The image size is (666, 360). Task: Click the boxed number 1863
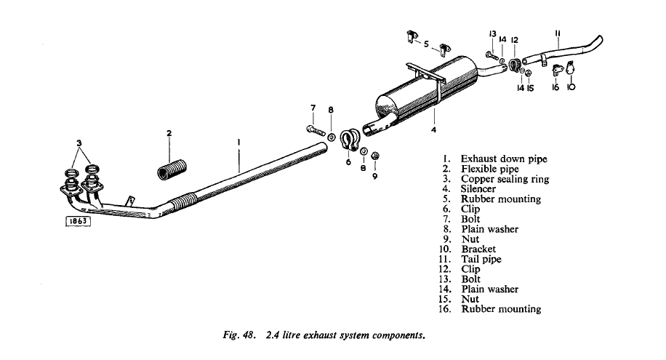coord(78,221)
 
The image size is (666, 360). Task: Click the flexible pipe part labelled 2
coord(172,169)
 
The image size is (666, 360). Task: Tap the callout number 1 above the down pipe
coord(238,142)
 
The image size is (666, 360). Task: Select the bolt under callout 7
coord(316,130)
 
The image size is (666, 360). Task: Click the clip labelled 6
coord(350,140)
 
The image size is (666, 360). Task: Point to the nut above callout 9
coord(375,156)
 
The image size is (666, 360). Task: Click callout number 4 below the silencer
coord(433,129)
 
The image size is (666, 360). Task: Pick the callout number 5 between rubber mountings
coord(426,44)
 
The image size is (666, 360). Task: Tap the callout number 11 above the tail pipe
coord(558,33)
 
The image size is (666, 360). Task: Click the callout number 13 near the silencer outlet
coord(492,34)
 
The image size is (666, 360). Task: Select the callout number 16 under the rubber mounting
coord(555,87)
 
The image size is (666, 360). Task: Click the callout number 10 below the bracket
coord(571,87)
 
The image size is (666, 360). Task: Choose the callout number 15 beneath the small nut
coord(530,89)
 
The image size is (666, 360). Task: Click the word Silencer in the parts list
coord(478,188)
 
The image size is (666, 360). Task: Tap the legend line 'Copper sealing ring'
coord(505,179)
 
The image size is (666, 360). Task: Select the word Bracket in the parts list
coord(478,249)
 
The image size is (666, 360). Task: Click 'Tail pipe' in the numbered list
coord(481,259)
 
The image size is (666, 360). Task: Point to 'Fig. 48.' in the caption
coord(239,335)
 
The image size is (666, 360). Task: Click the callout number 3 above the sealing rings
coord(79,143)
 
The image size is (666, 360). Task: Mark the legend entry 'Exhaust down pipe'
coord(504,159)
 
